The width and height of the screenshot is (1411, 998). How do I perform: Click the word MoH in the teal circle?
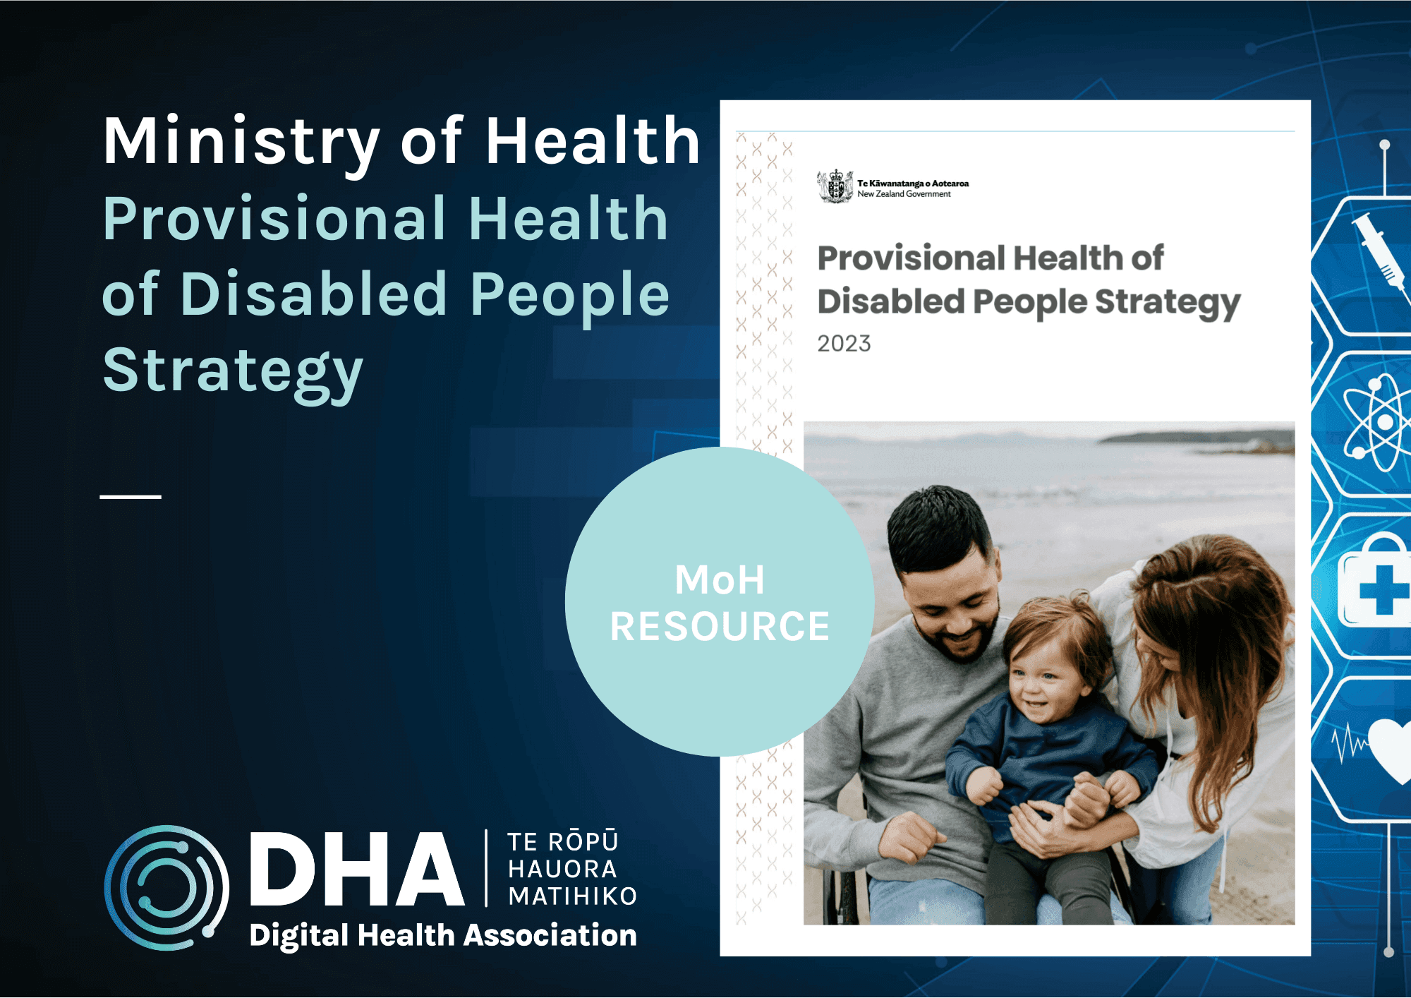pos(719,580)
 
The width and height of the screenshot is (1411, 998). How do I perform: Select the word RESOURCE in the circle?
pos(720,627)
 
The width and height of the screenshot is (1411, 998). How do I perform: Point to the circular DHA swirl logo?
pos(166,887)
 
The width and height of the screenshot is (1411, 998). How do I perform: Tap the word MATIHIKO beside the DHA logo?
pos(572,896)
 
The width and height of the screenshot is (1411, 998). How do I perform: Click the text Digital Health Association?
pos(443,935)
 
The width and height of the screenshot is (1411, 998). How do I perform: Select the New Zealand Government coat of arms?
pos(835,186)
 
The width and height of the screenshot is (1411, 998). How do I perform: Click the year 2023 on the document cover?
pos(844,344)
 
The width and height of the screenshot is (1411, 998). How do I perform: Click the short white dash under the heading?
pos(131,497)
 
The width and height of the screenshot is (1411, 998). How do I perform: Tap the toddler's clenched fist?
pos(984,784)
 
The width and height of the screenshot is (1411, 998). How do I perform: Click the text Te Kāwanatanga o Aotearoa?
pos(913,184)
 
